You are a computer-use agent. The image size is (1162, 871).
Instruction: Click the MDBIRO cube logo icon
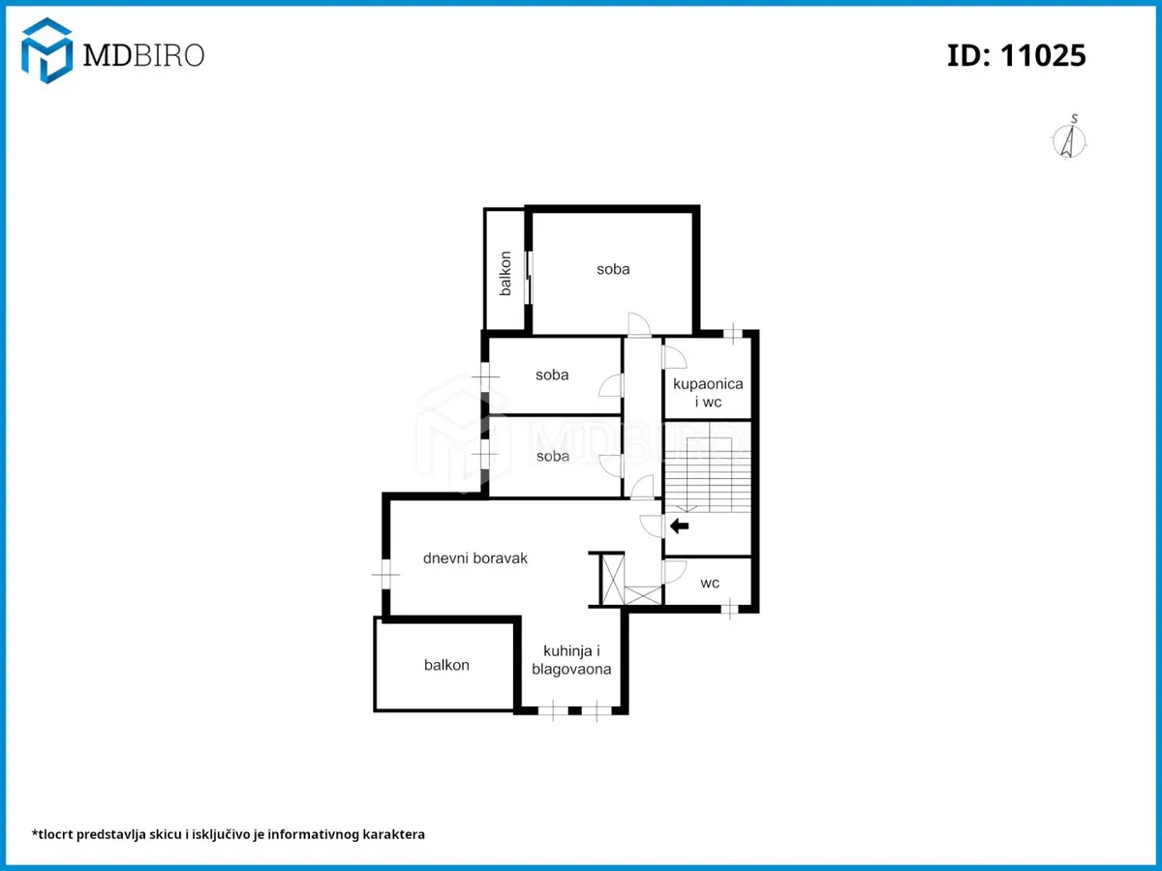coord(46,50)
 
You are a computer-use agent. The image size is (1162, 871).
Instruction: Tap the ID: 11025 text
coord(1016,55)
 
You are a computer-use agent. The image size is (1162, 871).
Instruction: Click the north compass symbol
coord(1069,137)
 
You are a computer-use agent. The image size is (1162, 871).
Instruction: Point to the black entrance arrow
coord(679,526)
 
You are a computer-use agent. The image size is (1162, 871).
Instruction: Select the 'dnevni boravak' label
coord(474,558)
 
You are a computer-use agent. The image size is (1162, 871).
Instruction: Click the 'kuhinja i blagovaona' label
coord(571,660)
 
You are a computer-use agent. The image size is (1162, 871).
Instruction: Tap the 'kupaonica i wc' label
coord(708,392)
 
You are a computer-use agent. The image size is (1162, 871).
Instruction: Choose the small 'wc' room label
coord(710,583)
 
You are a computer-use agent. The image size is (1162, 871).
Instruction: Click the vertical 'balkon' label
coord(505,274)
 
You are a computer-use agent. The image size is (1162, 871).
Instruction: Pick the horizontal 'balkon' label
coord(446,665)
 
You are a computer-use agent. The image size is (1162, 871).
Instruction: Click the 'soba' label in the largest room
coord(613,269)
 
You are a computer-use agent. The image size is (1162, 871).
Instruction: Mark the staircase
coord(708,467)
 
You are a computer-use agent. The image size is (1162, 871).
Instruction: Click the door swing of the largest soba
coord(639,324)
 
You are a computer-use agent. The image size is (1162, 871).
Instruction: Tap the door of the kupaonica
coord(674,357)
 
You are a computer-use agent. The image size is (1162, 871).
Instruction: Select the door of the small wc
coord(674,572)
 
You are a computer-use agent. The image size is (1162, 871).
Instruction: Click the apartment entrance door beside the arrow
coord(651,526)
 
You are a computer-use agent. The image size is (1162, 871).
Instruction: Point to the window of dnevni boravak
coord(386,574)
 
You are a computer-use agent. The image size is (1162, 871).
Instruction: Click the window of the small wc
coord(729,609)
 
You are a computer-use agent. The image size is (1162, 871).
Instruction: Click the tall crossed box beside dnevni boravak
coord(614,580)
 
